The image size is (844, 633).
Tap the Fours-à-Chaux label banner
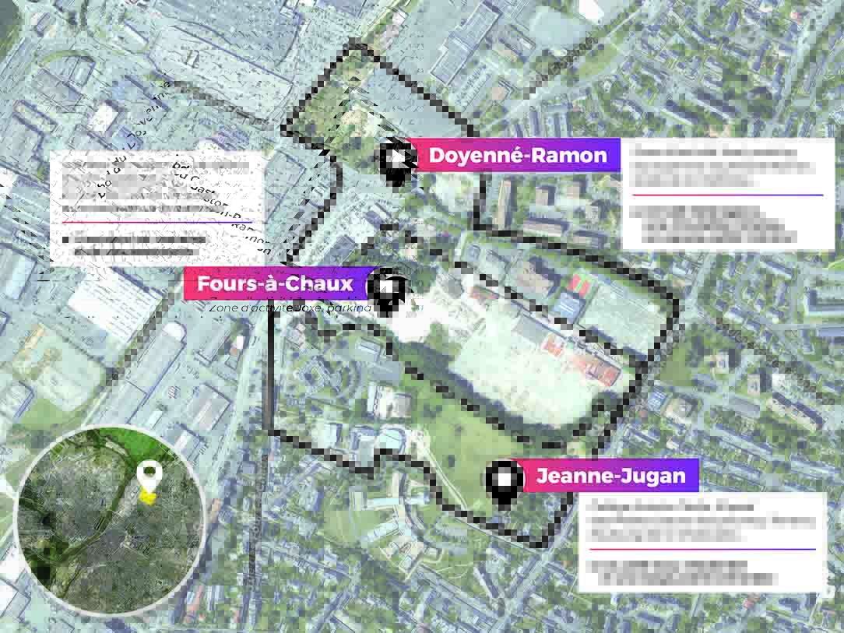275,283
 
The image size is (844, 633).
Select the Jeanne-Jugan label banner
610,476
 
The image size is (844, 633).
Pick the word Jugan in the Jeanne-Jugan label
652,476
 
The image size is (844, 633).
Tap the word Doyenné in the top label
474,155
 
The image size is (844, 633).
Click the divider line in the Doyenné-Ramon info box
727,195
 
